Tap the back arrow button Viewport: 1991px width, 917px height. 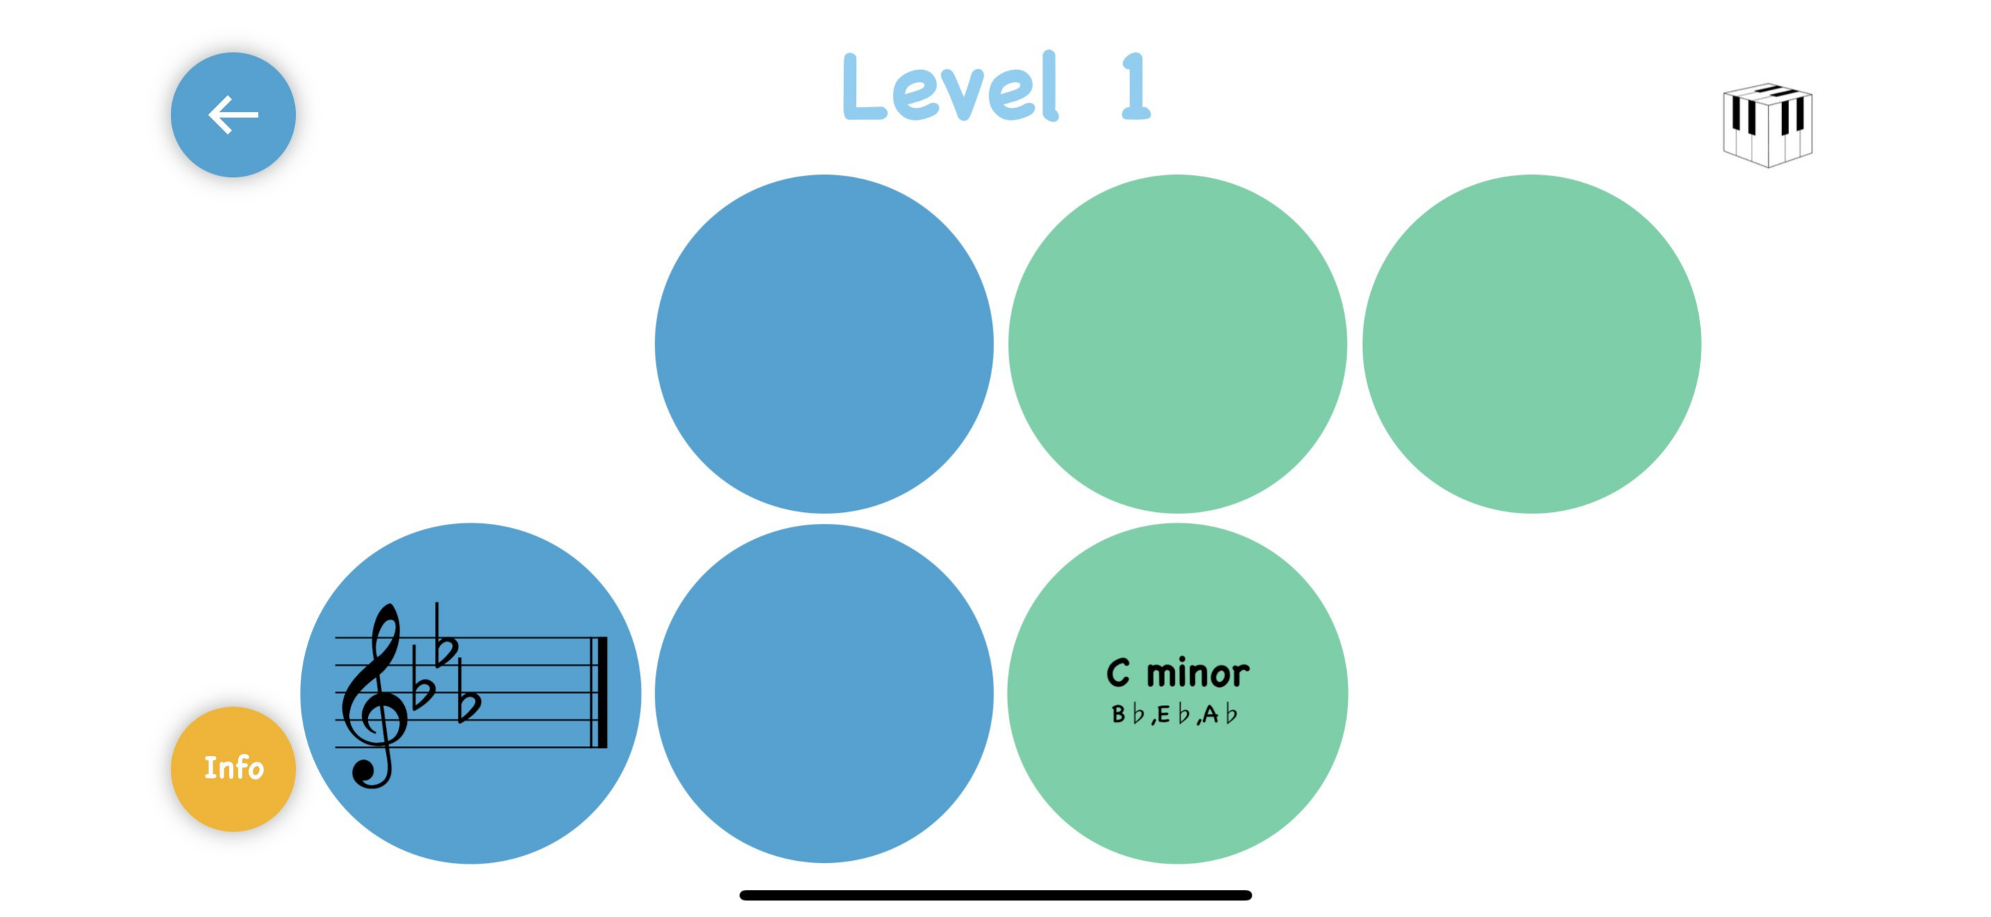pos(233,115)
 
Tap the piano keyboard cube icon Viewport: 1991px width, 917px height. pos(1767,124)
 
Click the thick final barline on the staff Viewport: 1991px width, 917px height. pos(600,692)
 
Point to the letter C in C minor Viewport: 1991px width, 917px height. pos(1118,673)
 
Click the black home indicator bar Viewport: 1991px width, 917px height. pos(995,895)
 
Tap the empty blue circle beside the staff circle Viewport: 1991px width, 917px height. pos(824,693)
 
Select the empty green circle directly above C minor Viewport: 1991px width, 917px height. pos(1177,344)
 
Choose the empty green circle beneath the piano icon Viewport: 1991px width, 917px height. pos(1531,344)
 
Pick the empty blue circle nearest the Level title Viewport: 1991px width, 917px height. pos(824,344)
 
